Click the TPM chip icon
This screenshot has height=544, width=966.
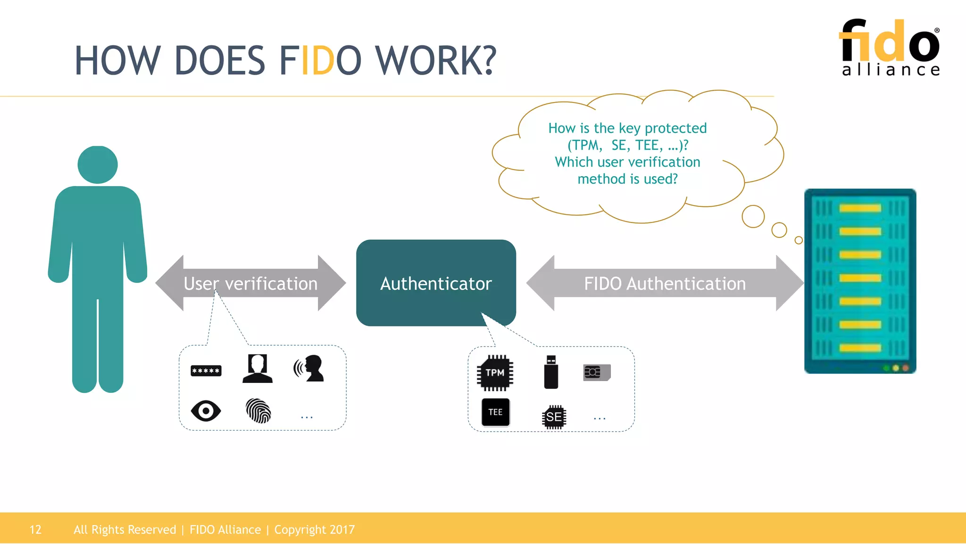pyautogui.click(x=495, y=373)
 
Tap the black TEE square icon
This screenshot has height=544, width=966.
pyautogui.click(x=495, y=412)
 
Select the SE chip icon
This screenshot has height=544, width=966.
pyautogui.click(x=554, y=417)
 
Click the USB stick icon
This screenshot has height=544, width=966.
pyautogui.click(x=551, y=373)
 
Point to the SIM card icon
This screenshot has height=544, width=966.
pyautogui.click(x=597, y=373)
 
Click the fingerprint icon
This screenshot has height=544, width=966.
pyautogui.click(x=258, y=411)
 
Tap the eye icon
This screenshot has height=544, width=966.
pyautogui.click(x=206, y=411)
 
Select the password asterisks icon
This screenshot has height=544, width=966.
pyautogui.click(x=206, y=371)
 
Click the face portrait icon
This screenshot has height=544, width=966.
pyautogui.click(x=258, y=368)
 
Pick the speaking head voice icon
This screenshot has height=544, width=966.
pyautogui.click(x=309, y=368)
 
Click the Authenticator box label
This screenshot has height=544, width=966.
pyautogui.click(x=436, y=283)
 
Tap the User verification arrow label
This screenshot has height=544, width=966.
pyautogui.click(x=250, y=283)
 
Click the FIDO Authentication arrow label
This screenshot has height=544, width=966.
pyautogui.click(x=665, y=283)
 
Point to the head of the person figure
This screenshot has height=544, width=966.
pyautogui.click(x=98, y=164)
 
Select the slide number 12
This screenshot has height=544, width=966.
pyautogui.click(x=35, y=529)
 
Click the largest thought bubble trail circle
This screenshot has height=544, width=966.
pyautogui.click(x=753, y=216)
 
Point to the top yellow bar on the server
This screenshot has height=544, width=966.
pyautogui.click(x=860, y=208)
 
